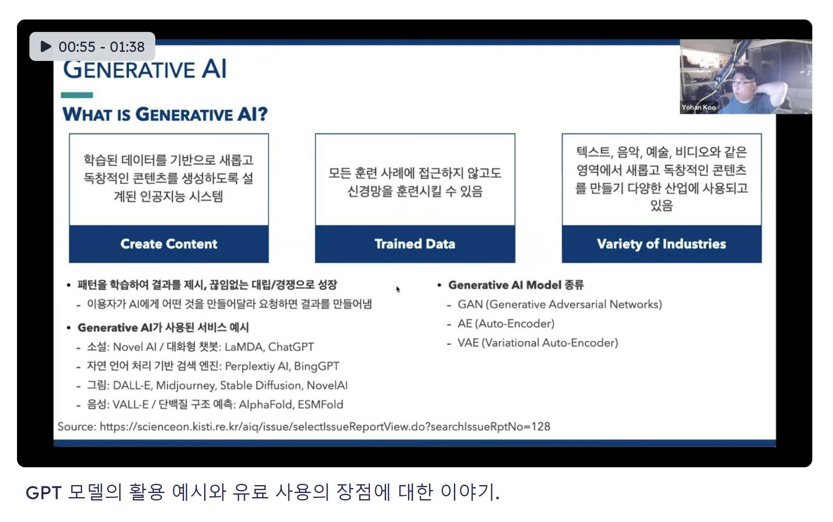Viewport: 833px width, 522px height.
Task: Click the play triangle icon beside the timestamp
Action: pyautogui.click(x=46, y=46)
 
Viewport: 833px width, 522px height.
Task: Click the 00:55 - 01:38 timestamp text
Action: pyautogui.click(x=101, y=47)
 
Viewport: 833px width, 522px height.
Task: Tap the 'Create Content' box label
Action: pyautogui.click(x=169, y=244)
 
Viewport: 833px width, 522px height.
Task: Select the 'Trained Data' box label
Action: pyautogui.click(x=415, y=244)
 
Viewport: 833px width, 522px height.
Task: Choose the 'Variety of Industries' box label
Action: pyautogui.click(x=661, y=244)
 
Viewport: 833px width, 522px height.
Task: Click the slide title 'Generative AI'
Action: pyautogui.click(x=145, y=69)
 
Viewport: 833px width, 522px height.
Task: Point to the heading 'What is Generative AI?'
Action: pyautogui.click(x=165, y=114)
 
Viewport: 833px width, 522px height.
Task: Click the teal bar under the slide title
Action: pyautogui.click(x=77, y=95)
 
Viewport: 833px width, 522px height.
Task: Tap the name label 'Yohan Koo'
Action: pyautogui.click(x=698, y=107)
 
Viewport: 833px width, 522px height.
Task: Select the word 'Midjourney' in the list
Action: pyautogui.click(x=186, y=386)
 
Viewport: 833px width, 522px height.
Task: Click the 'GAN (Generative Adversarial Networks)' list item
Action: pyautogui.click(x=560, y=304)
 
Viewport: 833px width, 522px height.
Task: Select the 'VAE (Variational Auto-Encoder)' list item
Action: pyautogui.click(x=538, y=343)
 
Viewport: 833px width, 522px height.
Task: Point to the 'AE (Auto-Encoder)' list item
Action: pyautogui.click(x=506, y=323)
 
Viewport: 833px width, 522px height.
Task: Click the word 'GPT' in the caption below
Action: pyautogui.click(x=43, y=493)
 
